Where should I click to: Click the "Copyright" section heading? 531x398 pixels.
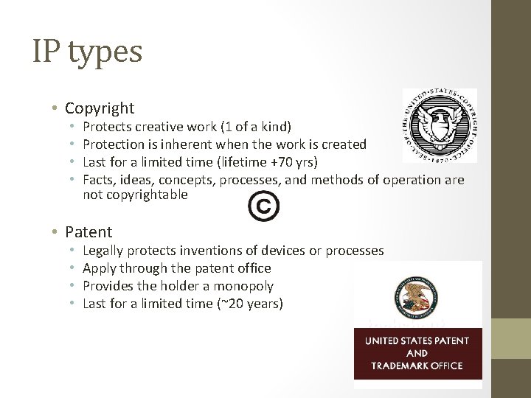click(100, 108)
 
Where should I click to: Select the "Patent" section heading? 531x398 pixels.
click(88, 232)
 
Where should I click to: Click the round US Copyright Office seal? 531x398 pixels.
click(440, 125)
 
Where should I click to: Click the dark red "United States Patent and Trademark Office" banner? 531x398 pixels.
click(417, 352)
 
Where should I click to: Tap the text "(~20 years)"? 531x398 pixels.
click(249, 304)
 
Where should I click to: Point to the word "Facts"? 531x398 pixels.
click(98, 180)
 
